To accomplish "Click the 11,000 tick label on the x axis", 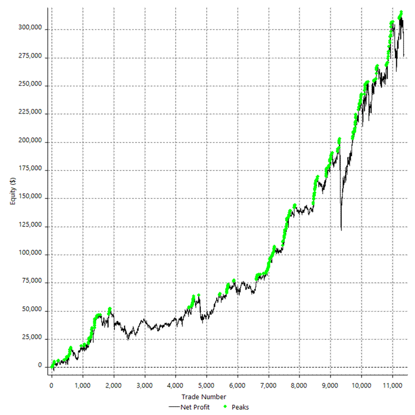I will pos(392,386).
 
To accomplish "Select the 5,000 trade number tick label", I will pos(206,386).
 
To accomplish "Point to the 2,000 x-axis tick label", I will pos(113,386).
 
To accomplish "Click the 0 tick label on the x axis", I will pos(51,386).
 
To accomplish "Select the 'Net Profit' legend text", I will pos(196,407).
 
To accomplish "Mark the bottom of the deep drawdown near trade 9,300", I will pos(342,230).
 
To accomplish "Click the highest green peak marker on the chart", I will pos(401,12).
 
